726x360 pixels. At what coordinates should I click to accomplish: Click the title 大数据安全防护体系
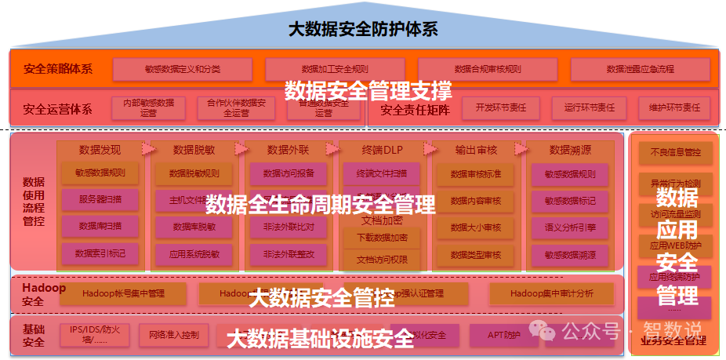(362, 30)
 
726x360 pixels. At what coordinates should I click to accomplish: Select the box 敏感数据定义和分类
(183, 69)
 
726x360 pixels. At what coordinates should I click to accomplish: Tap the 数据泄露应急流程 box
(640, 69)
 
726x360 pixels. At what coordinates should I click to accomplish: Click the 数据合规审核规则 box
(487, 69)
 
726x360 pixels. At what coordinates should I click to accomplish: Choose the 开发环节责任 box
(500, 107)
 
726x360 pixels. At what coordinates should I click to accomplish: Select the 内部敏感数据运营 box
(143, 107)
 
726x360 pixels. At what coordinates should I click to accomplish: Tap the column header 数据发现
(100, 149)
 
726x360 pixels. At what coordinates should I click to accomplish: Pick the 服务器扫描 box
(100, 200)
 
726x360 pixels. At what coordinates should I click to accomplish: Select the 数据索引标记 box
(100, 253)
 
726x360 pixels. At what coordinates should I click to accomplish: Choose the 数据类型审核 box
(476, 254)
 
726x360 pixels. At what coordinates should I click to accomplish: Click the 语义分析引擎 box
(570, 227)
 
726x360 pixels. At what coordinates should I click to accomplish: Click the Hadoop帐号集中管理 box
(123, 294)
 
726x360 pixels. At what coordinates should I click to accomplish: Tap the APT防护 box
(504, 336)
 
